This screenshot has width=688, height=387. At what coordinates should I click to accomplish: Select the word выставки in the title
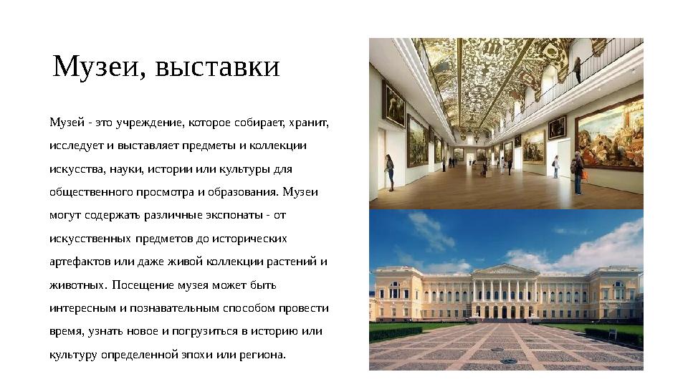(x=217, y=67)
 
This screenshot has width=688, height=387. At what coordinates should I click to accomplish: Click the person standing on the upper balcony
(x=578, y=70)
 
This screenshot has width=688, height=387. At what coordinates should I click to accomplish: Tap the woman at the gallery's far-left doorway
(x=389, y=172)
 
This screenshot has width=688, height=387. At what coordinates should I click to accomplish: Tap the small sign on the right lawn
(x=612, y=333)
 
